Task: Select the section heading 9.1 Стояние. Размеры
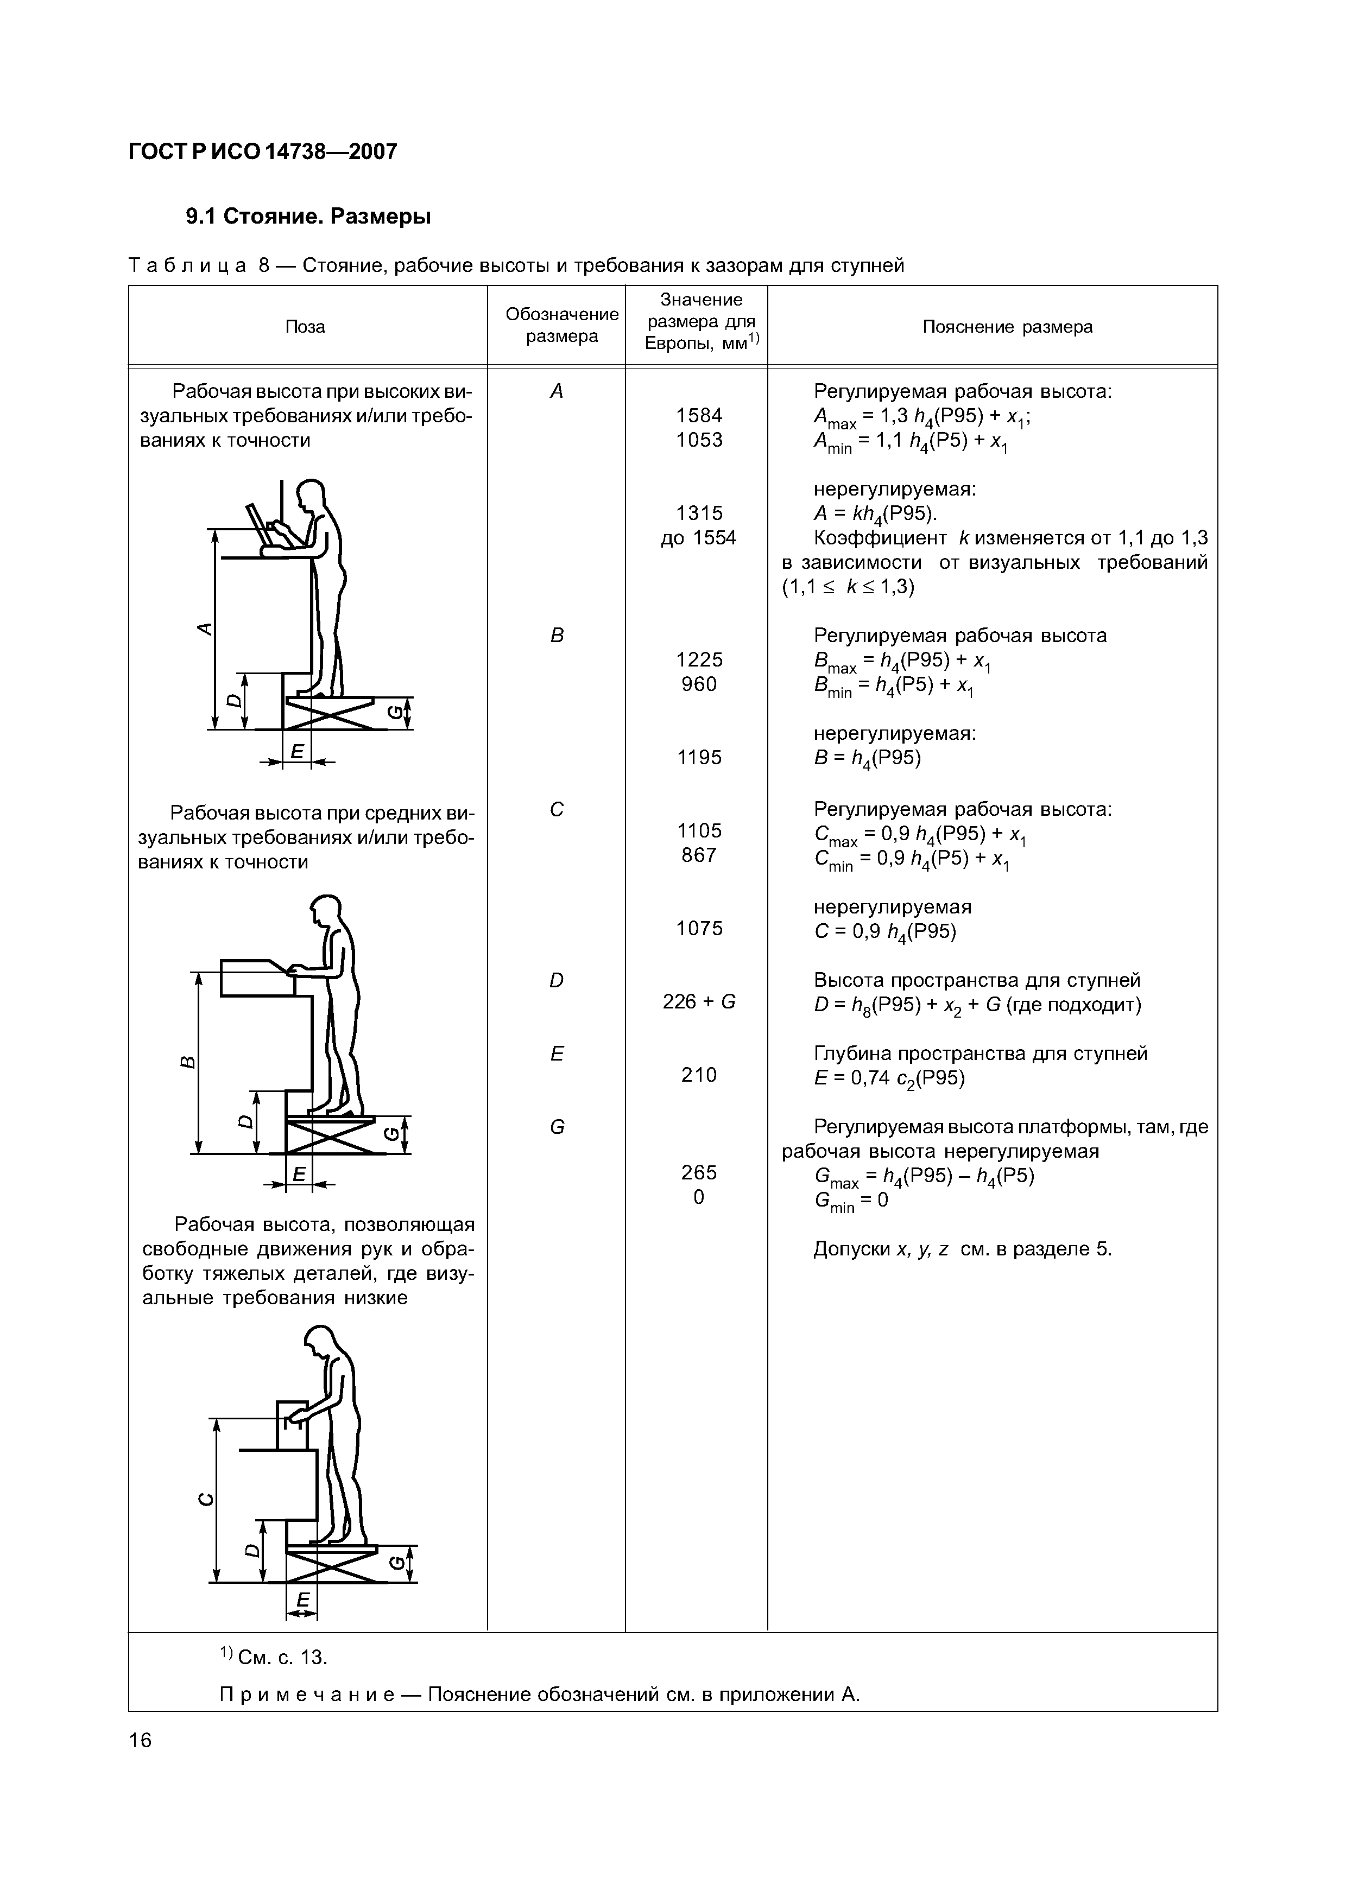click(x=308, y=217)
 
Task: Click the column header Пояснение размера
click(x=1007, y=327)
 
